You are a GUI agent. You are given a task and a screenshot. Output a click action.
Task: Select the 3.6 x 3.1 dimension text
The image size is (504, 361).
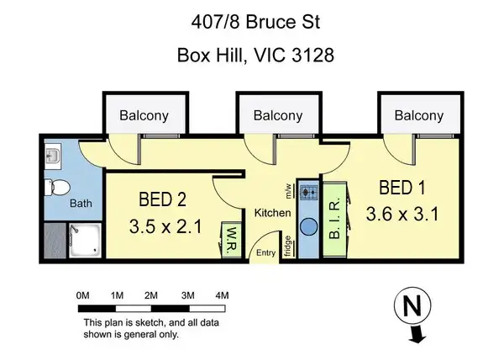pyautogui.click(x=403, y=215)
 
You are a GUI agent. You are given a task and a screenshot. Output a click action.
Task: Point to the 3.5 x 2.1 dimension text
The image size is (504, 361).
pyautogui.click(x=166, y=226)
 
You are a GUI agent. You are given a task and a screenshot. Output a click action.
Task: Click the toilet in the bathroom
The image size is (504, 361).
pyautogui.click(x=57, y=187)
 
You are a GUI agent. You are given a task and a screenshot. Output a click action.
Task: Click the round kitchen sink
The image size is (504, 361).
pyautogui.click(x=308, y=226)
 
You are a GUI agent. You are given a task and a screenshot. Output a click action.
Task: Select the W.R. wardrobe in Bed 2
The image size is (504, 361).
pyautogui.click(x=230, y=242)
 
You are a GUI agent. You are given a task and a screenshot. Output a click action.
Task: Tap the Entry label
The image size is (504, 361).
pyautogui.click(x=266, y=252)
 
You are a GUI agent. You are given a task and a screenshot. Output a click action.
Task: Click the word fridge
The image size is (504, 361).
pyautogui.click(x=288, y=246)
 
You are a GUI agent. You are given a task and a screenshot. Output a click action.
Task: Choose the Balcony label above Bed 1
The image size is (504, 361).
pyautogui.click(x=418, y=116)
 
